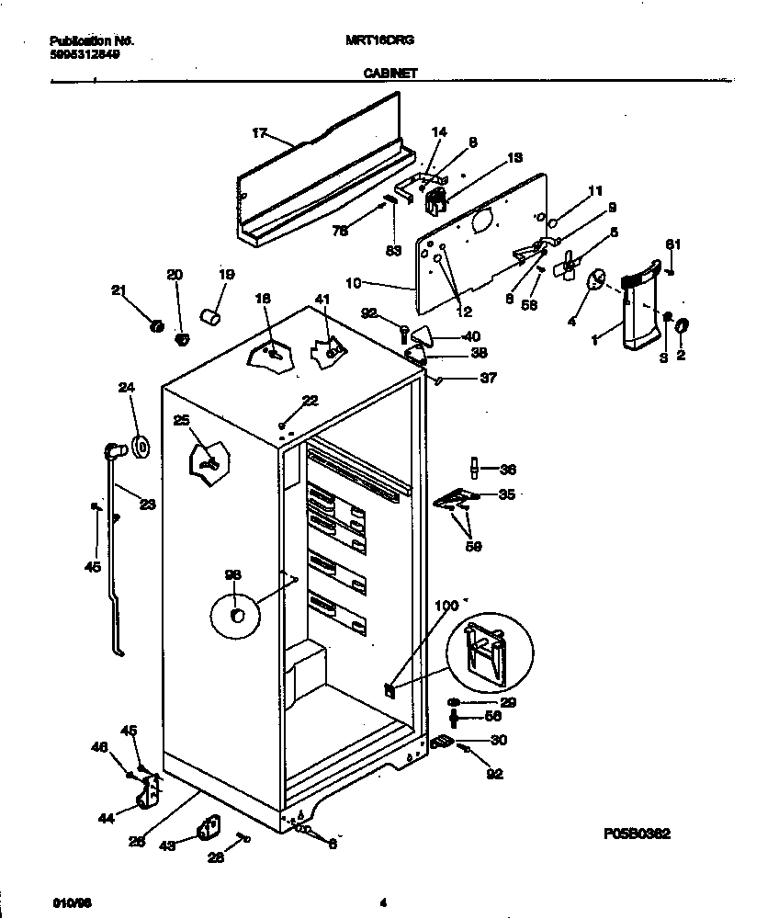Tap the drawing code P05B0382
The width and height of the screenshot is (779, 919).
tap(637, 834)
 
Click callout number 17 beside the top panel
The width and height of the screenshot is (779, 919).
tap(259, 134)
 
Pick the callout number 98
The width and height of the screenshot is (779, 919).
tap(232, 575)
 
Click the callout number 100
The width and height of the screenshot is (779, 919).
tap(446, 607)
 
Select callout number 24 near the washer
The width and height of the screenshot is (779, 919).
tap(127, 388)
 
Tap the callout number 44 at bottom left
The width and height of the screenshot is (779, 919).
tap(107, 817)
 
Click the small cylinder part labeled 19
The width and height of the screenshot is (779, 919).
tap(212, 317)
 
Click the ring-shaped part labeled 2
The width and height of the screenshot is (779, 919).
tap(683, 324)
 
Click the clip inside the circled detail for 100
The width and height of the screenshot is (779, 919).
tap(484, 653)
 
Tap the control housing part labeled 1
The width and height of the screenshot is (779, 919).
tap(638, 308)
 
